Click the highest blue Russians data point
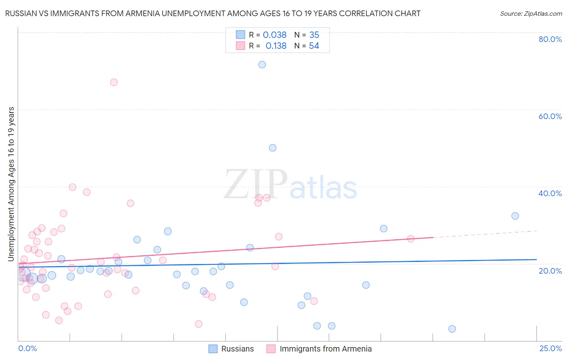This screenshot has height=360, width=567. click(262, 65)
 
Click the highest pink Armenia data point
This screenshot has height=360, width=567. click(114, 82)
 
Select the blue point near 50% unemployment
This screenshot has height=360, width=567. click(273, 148)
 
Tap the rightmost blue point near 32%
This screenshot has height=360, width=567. click(515, 216)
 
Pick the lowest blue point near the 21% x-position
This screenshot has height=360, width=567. click(452, 329)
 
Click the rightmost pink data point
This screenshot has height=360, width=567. click(411, 239)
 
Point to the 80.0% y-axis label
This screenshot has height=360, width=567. click(550, 39)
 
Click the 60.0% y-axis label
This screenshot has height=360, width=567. click(550, 116)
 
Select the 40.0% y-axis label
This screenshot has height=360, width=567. click(550, 193)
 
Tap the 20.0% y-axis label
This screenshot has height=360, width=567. click(550, 270)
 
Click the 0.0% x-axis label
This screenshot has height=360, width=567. click(27, 348)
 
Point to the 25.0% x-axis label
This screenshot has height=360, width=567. click(550, 348)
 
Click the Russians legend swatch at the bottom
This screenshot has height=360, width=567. click(213, 349)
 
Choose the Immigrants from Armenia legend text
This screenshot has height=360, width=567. click(325, 349)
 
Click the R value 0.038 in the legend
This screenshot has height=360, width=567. click(275, 35)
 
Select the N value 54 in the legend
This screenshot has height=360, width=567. click(314, 46)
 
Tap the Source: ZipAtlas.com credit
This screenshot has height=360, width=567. click(531, 14)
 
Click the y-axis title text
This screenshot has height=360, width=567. click(11, 184)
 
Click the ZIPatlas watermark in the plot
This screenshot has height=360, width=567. click(290, 185)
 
